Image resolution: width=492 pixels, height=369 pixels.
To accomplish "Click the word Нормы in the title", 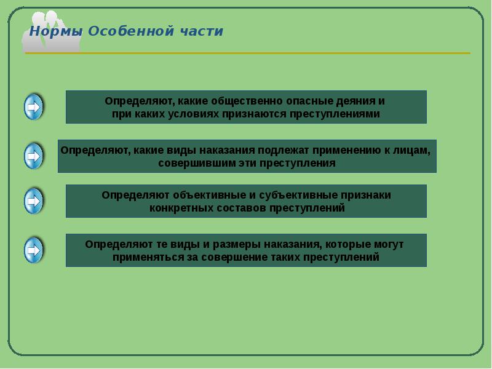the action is click(56, 31).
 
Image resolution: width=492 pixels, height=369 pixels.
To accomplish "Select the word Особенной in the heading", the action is click(131, 31).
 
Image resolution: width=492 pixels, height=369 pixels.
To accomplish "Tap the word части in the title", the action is click(202, 31).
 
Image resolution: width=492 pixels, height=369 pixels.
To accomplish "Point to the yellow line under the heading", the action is click(248, 54).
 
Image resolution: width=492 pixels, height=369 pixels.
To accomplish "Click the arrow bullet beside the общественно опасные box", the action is click(34, 107).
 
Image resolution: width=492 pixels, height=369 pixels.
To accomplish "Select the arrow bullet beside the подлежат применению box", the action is click(34, 156).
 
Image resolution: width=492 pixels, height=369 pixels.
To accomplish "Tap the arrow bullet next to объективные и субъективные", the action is click(34, 201).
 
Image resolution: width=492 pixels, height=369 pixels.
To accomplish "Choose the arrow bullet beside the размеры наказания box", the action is click(34, 250).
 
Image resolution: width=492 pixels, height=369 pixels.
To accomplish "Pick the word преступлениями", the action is click(335, 114).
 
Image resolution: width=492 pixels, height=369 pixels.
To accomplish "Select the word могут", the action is click(389, 244).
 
